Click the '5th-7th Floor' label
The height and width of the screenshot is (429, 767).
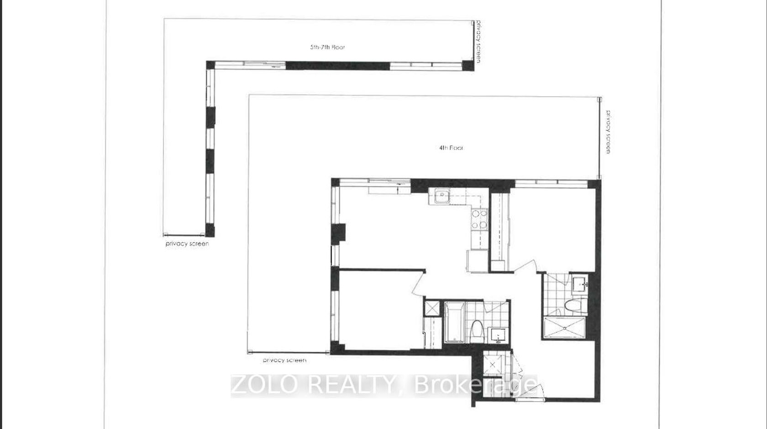[327, 47]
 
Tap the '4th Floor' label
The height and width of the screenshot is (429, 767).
[451, 148]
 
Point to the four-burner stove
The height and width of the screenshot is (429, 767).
[479, 219]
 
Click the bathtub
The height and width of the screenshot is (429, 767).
[454, 322]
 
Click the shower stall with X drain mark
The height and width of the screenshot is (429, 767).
[565, 328]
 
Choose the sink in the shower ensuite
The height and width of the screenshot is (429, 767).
[580, 284]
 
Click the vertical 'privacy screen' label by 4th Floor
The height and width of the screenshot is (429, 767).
[608, 132]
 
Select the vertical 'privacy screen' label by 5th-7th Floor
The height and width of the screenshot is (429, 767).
[478, 41]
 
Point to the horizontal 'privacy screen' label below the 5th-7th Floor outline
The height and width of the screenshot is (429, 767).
[187, 244]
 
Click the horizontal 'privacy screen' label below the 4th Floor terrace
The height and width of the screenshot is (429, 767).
[284, 360]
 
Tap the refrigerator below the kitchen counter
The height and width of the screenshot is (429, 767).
[478, 261]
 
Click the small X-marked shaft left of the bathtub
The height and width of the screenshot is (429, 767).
[432, 308]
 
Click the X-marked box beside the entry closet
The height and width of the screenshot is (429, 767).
[493, 365]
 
